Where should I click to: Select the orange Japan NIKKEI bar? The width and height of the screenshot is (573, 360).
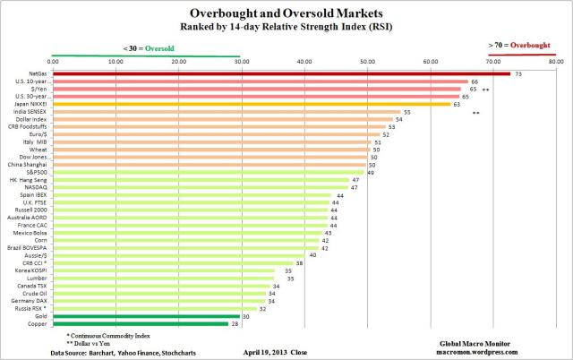pyautogui.click(x=251, y=104)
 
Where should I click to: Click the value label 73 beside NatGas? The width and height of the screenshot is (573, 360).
pyautogui.click(x=518, y=73)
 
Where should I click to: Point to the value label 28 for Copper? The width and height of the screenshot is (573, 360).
pyautogui.click(x=235, y=323)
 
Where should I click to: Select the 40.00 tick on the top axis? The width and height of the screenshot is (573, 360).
pyautogui.click(x=304, y=62)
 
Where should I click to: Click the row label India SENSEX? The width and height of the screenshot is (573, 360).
pyautogui.click(x=32, y=112)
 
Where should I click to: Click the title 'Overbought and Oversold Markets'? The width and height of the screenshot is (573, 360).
pyautogui.click(x=286, y=13)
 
